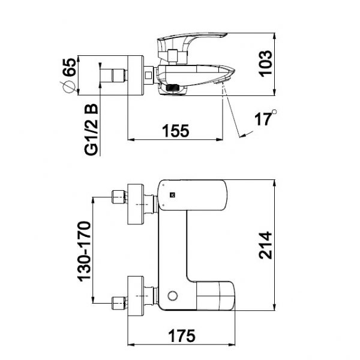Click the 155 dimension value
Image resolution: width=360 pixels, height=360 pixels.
176,130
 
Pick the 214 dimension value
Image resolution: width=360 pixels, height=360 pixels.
265,245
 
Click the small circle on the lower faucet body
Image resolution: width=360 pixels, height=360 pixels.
173,296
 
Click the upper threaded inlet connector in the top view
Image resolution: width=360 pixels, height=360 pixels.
119,196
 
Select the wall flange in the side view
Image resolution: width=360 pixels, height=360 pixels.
135,75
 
